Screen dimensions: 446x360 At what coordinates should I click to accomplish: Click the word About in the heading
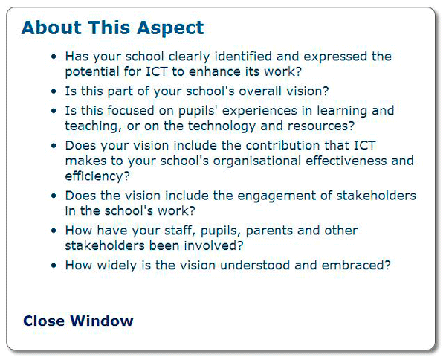click(x=51, y=28)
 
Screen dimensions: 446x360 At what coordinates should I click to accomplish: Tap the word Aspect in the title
click(x=170, y=28)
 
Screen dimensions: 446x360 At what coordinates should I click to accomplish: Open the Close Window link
click(x=78, y=321)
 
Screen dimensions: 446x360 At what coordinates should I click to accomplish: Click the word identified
click(x=243, y=56)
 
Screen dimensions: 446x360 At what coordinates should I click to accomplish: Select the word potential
click(x=92, y=71)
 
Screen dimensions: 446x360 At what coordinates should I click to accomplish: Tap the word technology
click(x=222, y=126)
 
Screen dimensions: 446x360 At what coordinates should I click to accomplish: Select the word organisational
click(x=257, y=161)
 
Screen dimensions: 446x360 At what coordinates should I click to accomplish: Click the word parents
click(x=269, y=231)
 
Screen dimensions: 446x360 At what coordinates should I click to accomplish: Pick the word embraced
click(x=353, y=265)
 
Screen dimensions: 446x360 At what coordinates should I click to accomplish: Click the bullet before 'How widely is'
click(x=54, y=266)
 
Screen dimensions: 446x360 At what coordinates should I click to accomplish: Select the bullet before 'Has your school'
click(x=54, y=57)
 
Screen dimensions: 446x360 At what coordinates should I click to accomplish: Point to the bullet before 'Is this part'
click(x=54, y=91)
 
